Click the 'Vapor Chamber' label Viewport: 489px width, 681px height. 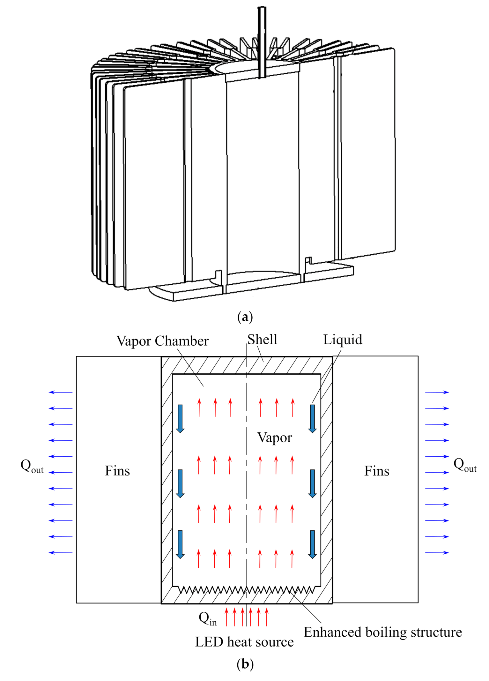point(162,341)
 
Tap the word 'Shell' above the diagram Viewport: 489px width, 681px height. point(262,339)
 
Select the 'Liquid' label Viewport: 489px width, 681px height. point(343,340)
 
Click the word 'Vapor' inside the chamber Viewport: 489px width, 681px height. point(274,438)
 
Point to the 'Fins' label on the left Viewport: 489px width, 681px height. point(117,471)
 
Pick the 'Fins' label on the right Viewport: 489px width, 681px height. point(377,471)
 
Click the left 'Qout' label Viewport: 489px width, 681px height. point(32,466)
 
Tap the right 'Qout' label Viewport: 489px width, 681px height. point(465,465)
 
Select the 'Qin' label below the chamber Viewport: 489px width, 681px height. point(208,618)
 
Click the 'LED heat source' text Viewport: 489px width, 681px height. point(244,642)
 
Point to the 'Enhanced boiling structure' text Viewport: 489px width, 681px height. point(383,632)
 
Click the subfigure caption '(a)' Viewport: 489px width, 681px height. point(245,317)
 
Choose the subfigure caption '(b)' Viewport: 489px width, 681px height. point(245,664)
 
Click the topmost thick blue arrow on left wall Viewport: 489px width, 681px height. point(180,418)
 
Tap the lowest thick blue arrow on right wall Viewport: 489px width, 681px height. point(312,544)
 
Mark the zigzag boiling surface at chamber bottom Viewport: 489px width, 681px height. point(246,590)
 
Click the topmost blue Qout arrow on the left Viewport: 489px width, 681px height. point(61,392)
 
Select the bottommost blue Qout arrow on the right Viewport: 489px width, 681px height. point(437,553)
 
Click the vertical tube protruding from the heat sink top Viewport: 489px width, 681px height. point(262,41)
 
